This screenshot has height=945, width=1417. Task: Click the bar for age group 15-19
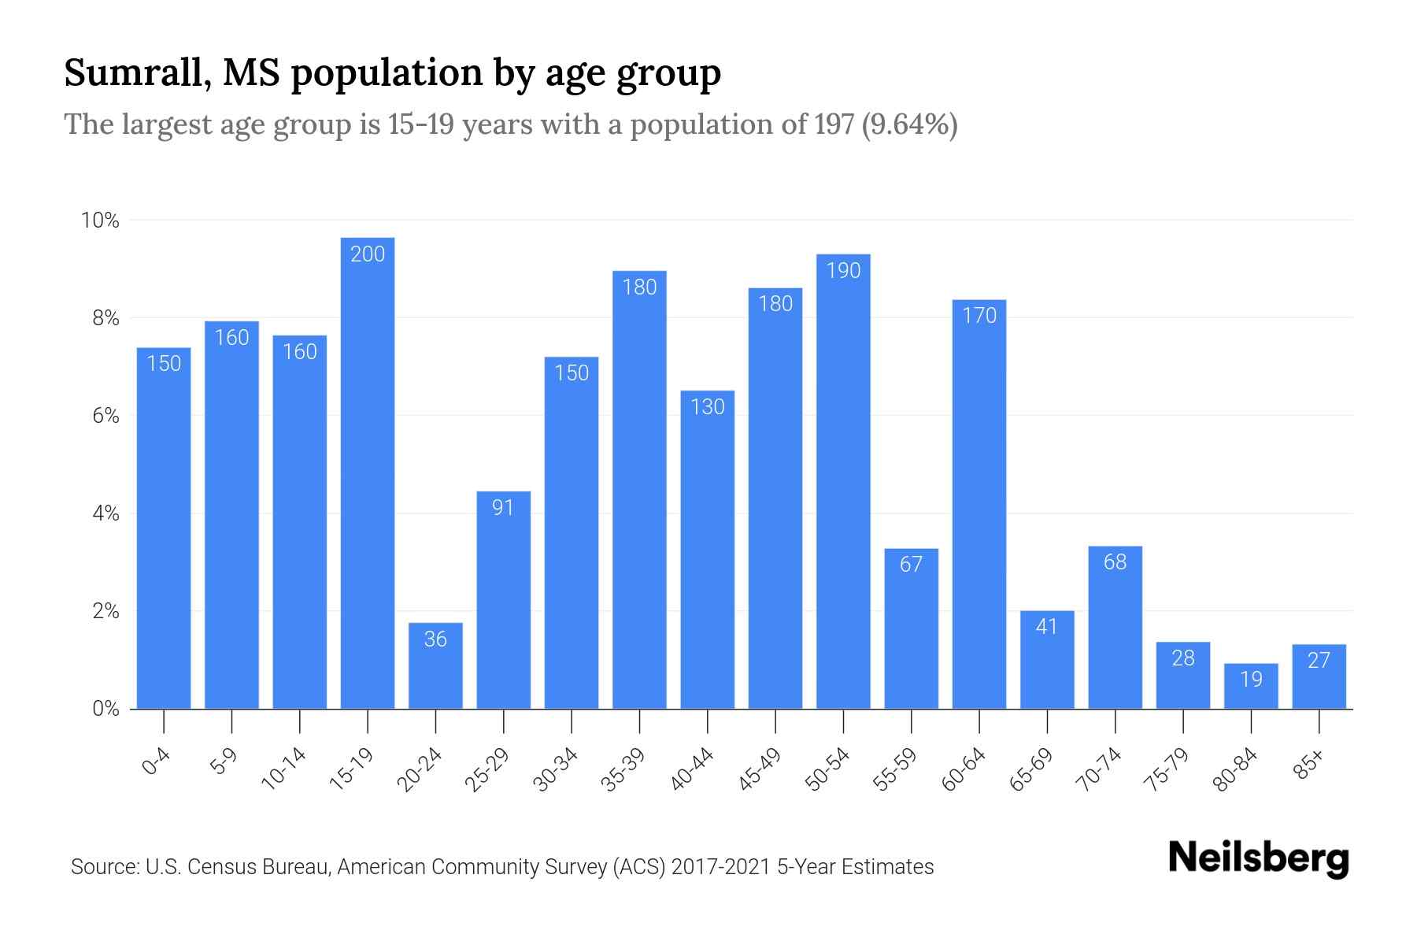coord(368,472)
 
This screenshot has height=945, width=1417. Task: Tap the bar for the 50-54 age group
coord(843,480)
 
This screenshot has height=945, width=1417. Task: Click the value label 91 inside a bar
coord(503,507)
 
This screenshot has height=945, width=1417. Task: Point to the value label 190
coord(843,270)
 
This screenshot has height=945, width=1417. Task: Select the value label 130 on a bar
coord(707,406)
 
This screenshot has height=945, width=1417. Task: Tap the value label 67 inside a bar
coord(911,564)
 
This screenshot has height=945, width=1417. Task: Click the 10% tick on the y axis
coord(100,220)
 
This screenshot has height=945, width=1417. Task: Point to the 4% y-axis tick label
coord(105,514)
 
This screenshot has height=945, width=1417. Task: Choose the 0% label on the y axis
coord(105,709)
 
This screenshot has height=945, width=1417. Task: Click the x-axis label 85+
coord(1309,765)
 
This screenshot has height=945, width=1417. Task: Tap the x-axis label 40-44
coord(692,769)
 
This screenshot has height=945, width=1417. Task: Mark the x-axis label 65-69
coord(1031,769)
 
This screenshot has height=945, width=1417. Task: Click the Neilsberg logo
coord(1258,858)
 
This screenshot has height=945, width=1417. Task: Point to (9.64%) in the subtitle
coord(910,124)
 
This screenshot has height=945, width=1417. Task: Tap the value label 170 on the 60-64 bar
coord(979,315)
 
